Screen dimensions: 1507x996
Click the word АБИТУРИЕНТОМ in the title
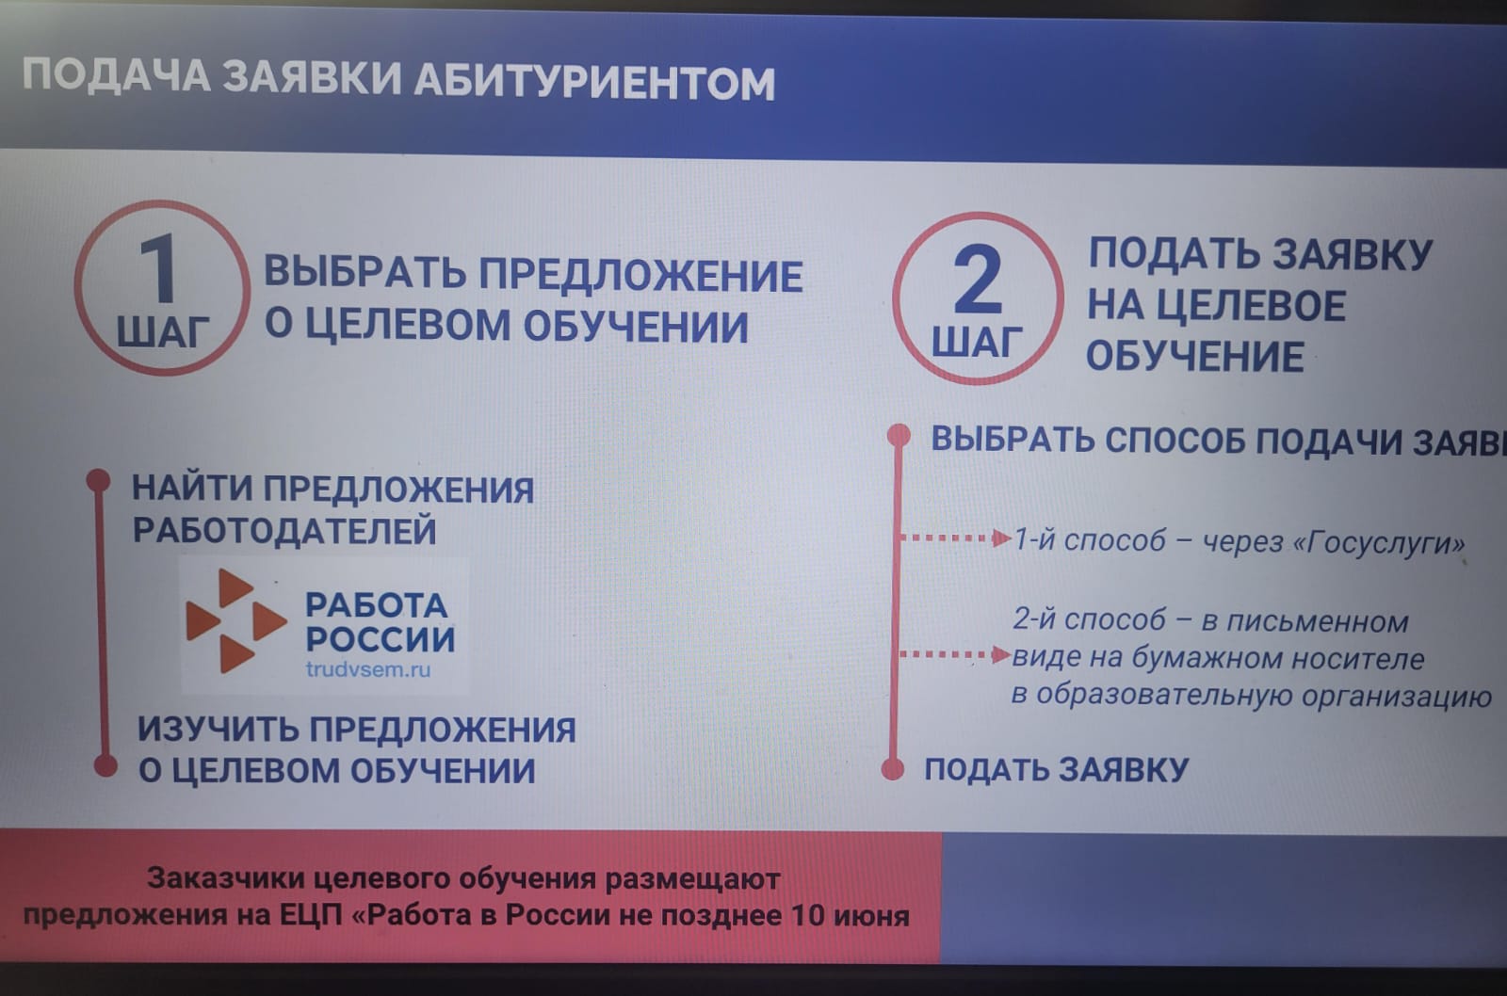[594, 82]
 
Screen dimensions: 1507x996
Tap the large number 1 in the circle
[160, 269]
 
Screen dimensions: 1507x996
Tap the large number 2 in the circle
[979, 280]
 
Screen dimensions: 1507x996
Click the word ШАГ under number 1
[164, 332]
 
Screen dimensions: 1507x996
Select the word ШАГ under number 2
[977, 342]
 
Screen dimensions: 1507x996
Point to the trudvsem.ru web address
[368, 670]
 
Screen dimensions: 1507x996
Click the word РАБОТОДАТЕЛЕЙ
[284, 531]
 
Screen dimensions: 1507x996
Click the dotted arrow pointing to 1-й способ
[955, 538]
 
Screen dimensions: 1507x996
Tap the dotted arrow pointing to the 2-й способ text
[955, 654]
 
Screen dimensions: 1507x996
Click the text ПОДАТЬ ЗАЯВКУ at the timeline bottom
[1057, 770]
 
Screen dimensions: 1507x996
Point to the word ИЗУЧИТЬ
[218, 730]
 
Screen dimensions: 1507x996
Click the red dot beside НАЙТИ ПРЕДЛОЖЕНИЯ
[99, 480]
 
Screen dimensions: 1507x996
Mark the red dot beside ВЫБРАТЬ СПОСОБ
[899, 435]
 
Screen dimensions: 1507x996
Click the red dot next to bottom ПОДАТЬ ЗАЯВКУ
[893, 769]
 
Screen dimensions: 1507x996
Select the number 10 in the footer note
[807, 916]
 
